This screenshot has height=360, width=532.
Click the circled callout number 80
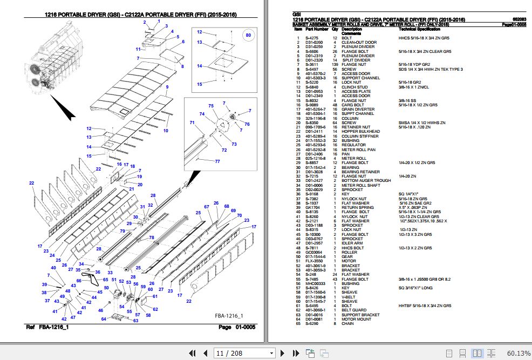248,36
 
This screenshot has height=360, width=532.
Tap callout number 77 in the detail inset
217,161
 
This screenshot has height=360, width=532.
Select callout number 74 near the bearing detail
202,114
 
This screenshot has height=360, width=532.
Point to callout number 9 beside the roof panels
167,87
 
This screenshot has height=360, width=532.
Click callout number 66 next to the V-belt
79,280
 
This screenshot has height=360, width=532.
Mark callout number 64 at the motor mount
104,320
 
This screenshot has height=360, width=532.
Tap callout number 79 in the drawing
122,231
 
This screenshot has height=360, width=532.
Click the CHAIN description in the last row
347,324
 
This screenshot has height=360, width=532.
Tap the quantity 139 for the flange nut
335,65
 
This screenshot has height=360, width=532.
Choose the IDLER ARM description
353,243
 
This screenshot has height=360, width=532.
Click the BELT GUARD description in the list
354,310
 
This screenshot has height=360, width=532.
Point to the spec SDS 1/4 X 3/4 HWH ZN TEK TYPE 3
431,69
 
